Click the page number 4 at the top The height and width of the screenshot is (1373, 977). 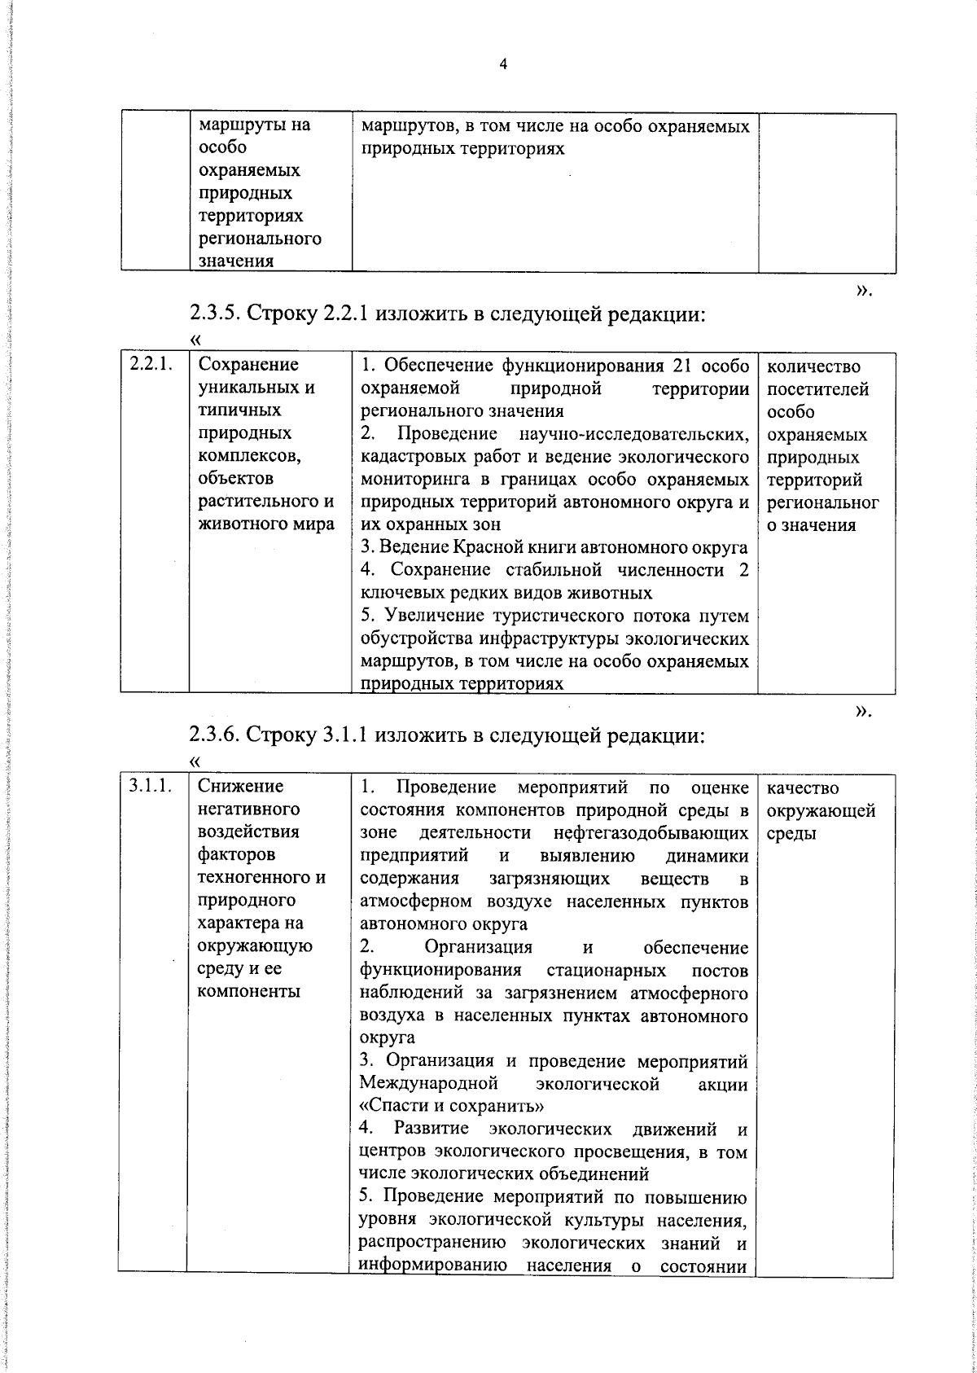pyautogui.click(x=503, y=64)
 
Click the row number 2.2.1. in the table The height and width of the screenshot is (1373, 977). pyautogui.click(x=149, y=364)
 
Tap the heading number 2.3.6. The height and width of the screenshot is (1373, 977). pyautogui.click(x=215, y=736)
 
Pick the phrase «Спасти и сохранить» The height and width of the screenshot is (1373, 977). pyautogui.click(x=452, y=1107)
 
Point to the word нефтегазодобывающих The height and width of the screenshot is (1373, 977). pyautogui.click(x=650, y=833)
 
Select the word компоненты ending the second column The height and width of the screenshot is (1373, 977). pyautogui.click(x=249, y=992)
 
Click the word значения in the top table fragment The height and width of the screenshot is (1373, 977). pyautogui.click(x=236, y=261)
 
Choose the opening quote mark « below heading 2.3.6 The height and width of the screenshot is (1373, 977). pyautogui.click(x=194, y=761)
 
